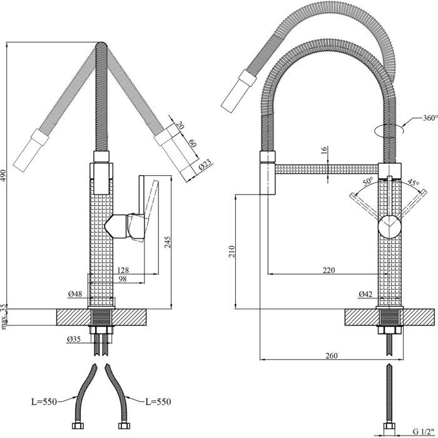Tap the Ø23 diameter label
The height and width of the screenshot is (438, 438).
(x=205, y=167)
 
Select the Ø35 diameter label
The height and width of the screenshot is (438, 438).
(x=75, y=340)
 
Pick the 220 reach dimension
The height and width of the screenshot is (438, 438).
(x=329, y=270)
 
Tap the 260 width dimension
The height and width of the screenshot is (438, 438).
(x=332, y=356)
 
